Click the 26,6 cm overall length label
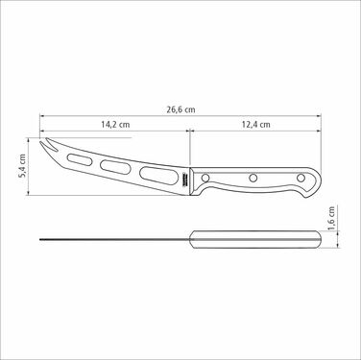180,109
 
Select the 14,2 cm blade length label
115,124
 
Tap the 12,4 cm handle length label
255,124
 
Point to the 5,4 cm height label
22,166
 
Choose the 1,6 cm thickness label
331,218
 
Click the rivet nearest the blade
205,178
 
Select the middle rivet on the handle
253,178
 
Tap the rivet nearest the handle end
301,178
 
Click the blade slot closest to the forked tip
80,159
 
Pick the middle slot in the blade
115,167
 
